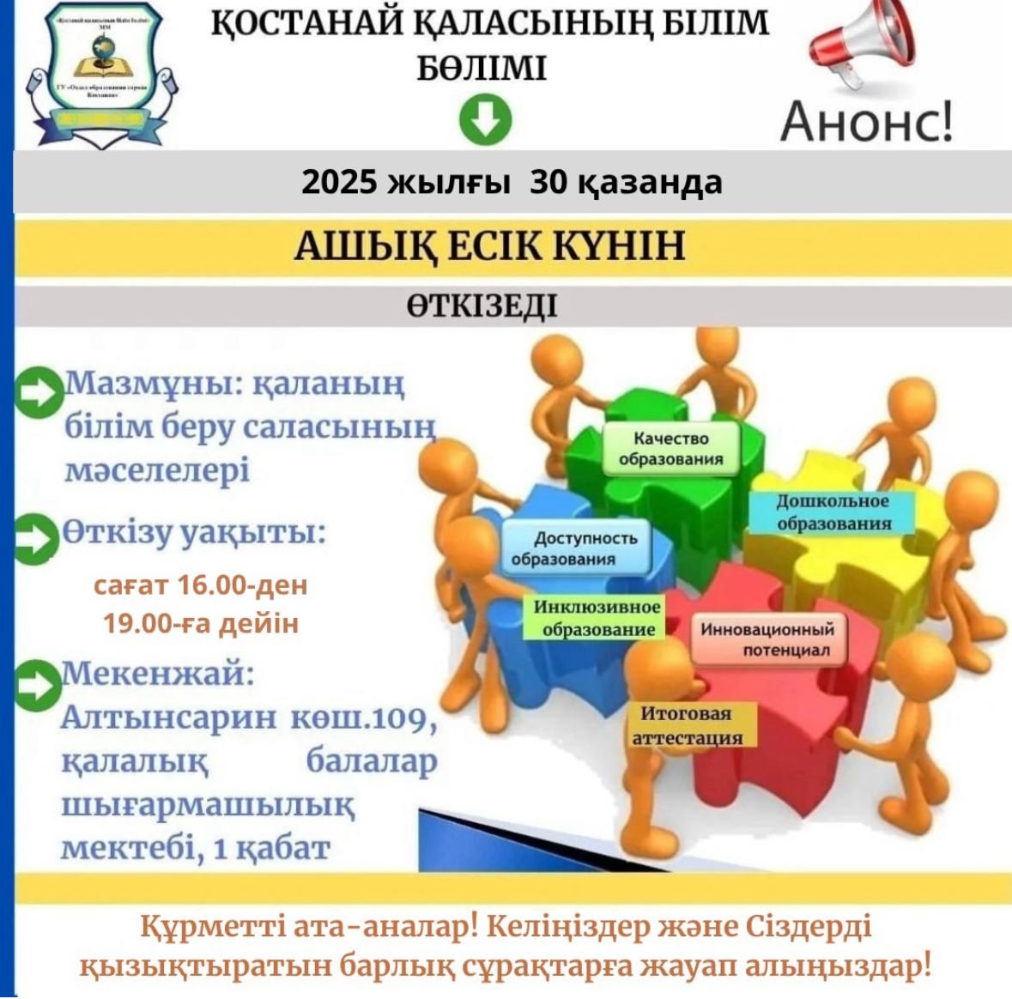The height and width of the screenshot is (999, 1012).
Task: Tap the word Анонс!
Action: pos(866,121)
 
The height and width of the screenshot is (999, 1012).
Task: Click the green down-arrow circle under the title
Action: pos(485,119)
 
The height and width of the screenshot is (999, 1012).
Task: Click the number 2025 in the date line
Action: pos(339,182)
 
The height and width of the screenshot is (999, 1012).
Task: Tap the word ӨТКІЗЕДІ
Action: pos(482,306)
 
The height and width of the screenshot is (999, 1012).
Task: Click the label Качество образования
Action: pos(670,448)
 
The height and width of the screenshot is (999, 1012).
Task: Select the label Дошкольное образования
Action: pos(833,512)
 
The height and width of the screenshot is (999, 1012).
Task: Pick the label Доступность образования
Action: pos(574,548)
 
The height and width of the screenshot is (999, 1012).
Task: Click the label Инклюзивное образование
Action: pos(597,618)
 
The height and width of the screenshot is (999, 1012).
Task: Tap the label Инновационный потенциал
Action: pos(767,639)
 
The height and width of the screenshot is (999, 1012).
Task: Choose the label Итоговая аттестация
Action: pos(688,725)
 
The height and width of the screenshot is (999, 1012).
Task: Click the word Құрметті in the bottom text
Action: pos(198,927)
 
